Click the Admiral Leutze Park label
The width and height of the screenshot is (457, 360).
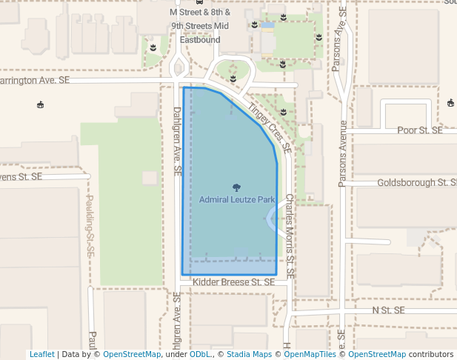(237, 200)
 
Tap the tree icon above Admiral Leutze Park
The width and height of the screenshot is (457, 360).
(237, 187)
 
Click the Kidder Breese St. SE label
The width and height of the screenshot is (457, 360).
(233, 282)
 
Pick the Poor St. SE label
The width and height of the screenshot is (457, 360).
(419, 130)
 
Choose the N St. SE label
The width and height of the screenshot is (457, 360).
(389, 309)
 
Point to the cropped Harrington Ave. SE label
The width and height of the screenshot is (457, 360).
(34, 79)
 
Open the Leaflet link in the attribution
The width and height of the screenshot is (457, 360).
(41, 354)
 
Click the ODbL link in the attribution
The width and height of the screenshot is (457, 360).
(199, 354)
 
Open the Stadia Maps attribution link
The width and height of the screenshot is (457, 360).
(249, 354)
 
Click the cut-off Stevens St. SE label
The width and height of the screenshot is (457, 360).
(21, 177)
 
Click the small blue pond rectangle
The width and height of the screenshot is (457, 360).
(267, 25)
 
